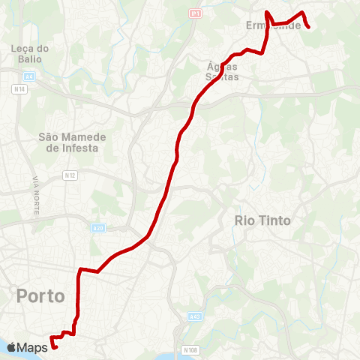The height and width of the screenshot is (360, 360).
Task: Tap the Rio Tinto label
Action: (x=262, y=220)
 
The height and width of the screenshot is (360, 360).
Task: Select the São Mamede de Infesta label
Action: (x=73, y=142)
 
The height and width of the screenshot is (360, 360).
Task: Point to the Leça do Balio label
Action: (x=30, y=53)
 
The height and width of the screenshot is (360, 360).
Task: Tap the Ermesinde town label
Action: (x=273, y=25)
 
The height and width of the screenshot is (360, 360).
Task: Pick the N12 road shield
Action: (x=70, y=175)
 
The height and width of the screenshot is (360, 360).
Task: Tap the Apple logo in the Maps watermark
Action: (x=12, y=347)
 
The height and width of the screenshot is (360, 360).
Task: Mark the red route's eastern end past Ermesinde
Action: (x=308, y=28)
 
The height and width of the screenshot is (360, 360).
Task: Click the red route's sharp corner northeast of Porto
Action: (x=80, y=269)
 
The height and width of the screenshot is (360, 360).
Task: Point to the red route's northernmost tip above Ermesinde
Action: (x=267, y=12)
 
